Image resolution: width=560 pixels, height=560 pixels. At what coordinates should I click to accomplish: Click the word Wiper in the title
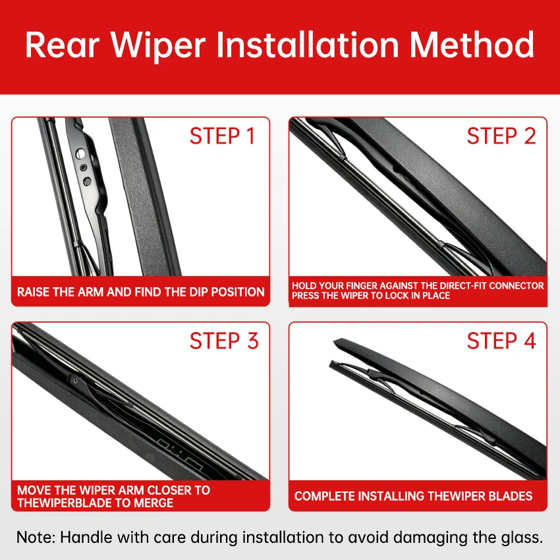[158, 45]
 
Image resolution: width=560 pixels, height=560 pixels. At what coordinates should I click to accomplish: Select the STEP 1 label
[222, 136]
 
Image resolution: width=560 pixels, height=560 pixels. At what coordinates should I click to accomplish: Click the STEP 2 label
[501, 136]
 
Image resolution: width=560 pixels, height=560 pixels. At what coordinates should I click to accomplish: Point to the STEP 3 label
[224, 341]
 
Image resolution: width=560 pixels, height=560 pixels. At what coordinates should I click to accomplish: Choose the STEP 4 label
[501, 341]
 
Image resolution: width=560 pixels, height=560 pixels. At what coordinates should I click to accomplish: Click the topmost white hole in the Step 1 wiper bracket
[81, 154]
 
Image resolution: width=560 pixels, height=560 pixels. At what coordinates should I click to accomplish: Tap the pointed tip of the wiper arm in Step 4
[334, 342]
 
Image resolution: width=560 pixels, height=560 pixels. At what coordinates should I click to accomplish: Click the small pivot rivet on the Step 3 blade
[75, 381]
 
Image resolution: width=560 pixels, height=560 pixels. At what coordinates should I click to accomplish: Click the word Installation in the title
[308, 45]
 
